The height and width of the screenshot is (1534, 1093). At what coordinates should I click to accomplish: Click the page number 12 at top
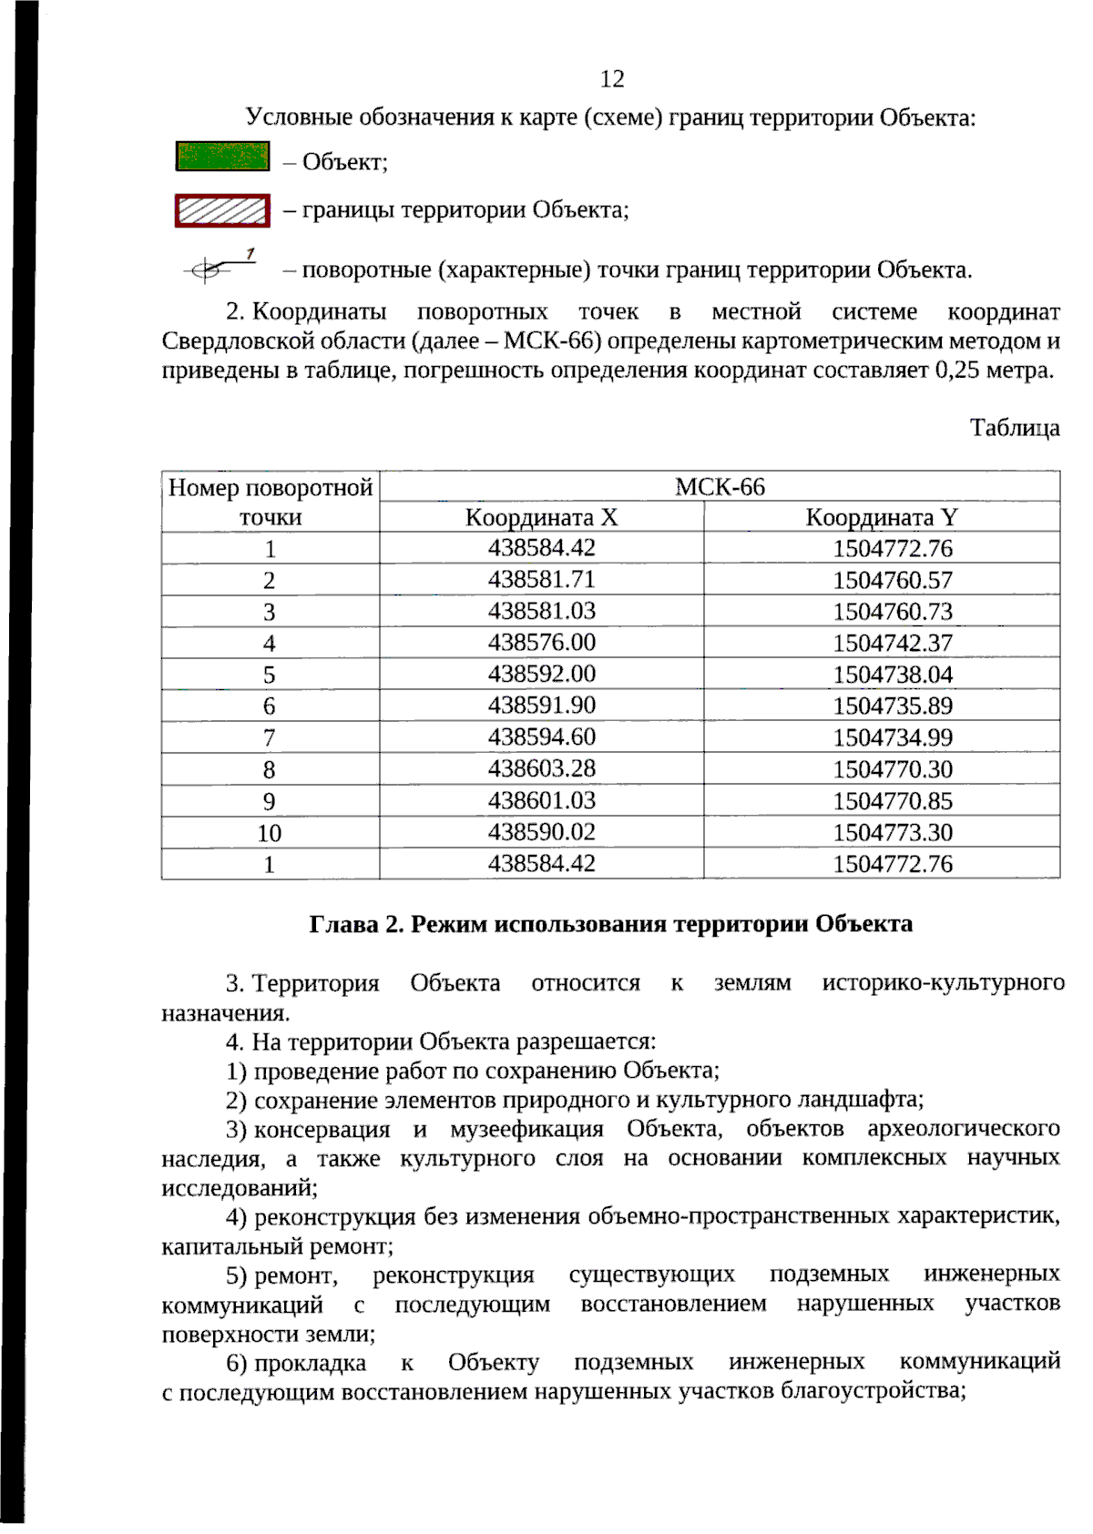pyautogui.click(x=612, y=79)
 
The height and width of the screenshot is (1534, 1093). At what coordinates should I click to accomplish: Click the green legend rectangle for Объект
pyautogui.click(x=223, y=157)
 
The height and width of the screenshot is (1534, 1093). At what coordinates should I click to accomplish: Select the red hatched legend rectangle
pyautogui.click(x=223, y=210)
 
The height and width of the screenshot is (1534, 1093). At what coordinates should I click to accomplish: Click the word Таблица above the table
pyautogui.click(x=1014, y=428)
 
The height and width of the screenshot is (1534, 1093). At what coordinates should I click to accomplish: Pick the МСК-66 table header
pyautogui.click(x=720, y=487)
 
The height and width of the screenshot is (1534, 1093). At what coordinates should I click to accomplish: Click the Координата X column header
pyautogui.click(x=541, y=518)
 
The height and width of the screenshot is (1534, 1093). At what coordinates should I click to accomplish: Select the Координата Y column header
pyautogui.click(x=881, y=518)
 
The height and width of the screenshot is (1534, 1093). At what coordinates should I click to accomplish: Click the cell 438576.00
pyautogui.click(x=541, y=643)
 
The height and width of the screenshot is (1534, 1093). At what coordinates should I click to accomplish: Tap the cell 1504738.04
pyautogui.click(x=892, y=675)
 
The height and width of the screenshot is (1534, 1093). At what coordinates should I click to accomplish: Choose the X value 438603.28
pyautogui.click(x=541, y=768)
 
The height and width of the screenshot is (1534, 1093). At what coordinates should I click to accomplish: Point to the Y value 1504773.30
pyautogui.click(x=892, y=832)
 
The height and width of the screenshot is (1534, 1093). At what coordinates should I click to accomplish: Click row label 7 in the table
pyautogui.click(x=270, y=738)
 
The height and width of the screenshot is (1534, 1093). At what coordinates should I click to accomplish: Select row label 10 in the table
pyautogui.click(x=270, y=833)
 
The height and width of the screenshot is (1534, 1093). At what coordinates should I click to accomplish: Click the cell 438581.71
pyautogui.click(x=541, y=580)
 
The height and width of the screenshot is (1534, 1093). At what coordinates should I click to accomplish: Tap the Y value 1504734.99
pyautogui.click(x=892, y=737)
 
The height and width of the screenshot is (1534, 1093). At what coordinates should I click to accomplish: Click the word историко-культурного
pyautogui.click(x=943, y=983)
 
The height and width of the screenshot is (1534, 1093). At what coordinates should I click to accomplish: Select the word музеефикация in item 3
pyautogui.click(x=526, y=1130)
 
